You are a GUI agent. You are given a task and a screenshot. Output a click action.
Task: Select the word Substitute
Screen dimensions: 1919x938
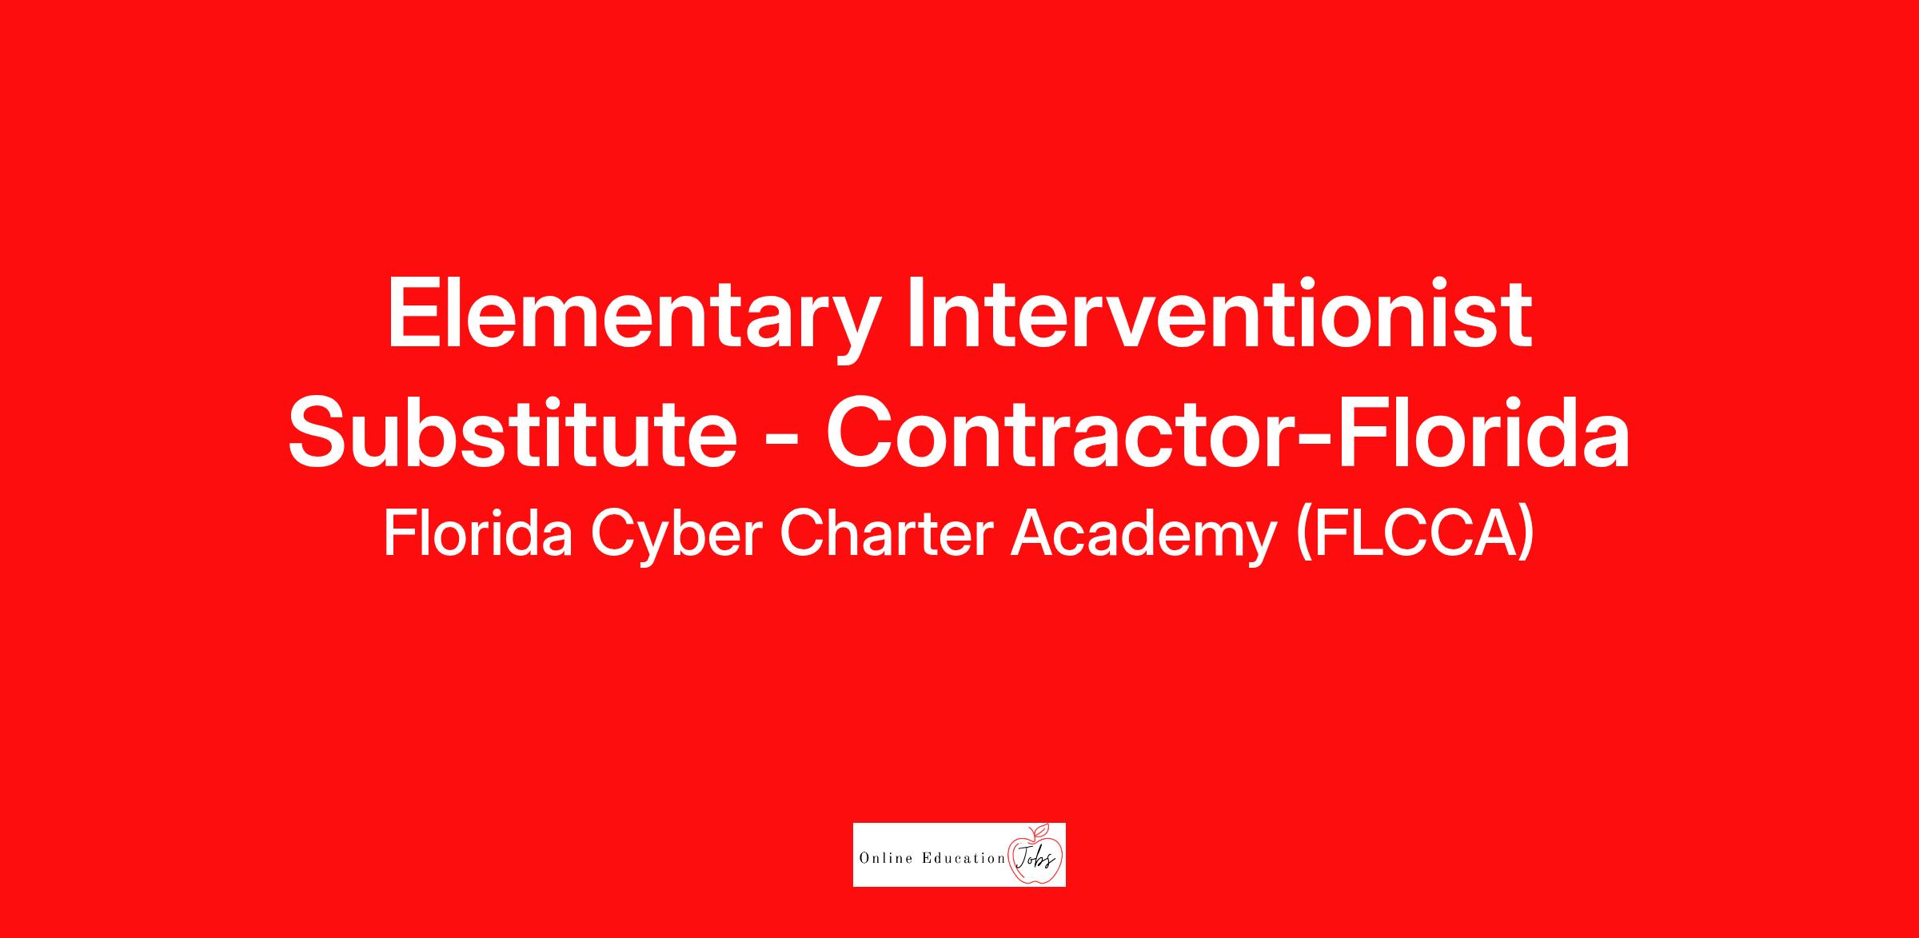pos(513,432)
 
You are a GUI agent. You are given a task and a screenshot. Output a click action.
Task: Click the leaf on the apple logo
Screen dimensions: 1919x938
pos(1040,828)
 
